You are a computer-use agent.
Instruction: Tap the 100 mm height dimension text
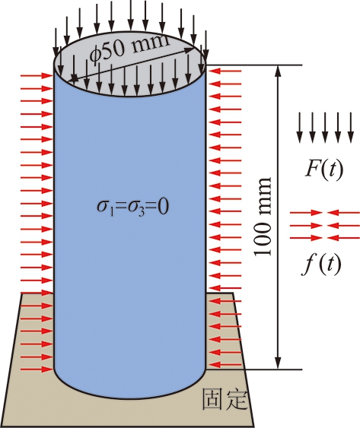[263, 217]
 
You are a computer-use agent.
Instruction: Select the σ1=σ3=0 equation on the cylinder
[133, 207]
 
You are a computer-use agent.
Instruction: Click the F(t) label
[324, 170]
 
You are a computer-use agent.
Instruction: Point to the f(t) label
[322, 264]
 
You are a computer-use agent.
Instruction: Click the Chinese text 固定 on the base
[225, 399]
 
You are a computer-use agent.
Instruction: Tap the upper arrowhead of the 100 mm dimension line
[278, 71]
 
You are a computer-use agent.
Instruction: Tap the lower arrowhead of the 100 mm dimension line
[278, 363]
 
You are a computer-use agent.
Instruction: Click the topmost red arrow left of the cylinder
[37, 76]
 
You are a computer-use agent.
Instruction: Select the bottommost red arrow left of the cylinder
[37, 369]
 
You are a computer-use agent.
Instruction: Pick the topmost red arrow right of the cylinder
[225, 71]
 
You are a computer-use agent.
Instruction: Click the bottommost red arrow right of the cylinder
[225, 365]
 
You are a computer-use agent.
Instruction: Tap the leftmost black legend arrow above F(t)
[300, 128]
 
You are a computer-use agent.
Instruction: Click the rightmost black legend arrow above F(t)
[351, 128]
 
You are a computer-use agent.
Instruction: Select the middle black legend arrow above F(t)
[325, 128]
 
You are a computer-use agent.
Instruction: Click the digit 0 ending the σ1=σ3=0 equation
[163, 207]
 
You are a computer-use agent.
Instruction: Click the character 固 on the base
[212, 399]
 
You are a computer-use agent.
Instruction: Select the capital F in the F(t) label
[312, 169]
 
